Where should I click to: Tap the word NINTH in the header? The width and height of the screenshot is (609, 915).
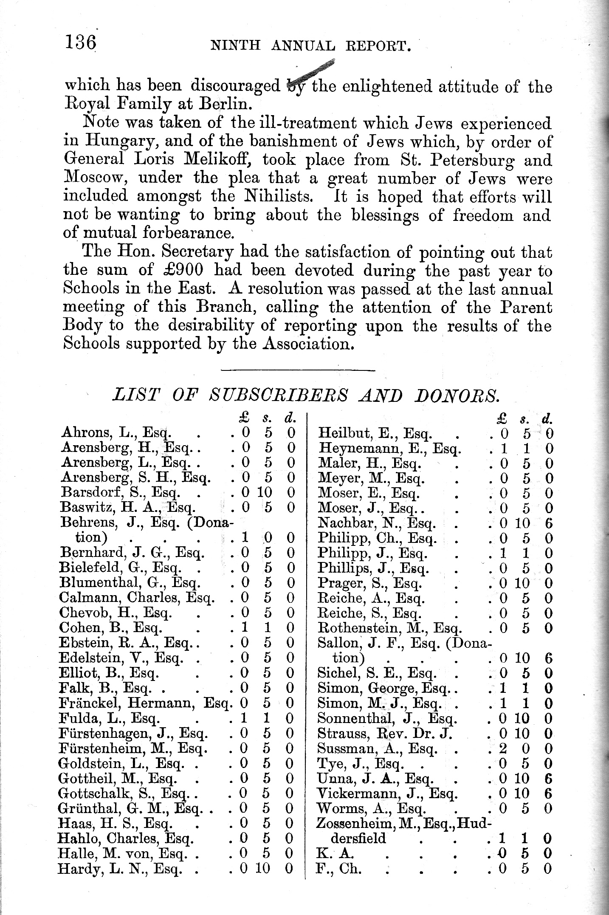(235, 45)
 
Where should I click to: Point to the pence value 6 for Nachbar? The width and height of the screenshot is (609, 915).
(548, 523)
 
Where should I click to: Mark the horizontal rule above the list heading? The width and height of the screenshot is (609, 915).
(298, 371)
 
